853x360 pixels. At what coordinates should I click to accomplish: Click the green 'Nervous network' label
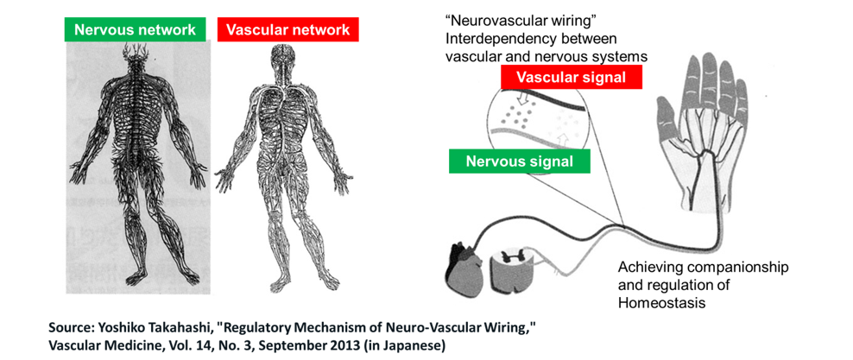click(136, 29)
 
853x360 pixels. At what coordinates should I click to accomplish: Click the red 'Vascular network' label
click(287, 29)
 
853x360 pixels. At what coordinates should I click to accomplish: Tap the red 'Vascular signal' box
click(572, 78)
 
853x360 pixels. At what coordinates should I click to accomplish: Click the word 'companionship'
click(740, 268)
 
